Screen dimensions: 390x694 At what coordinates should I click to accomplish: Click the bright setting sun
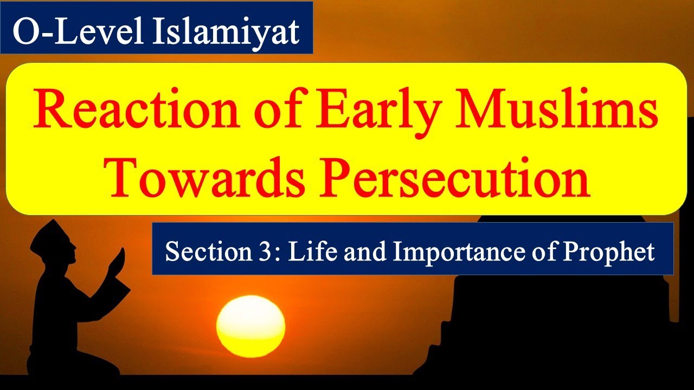(250, 325)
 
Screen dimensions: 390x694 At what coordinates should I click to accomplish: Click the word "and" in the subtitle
(357, 252)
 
